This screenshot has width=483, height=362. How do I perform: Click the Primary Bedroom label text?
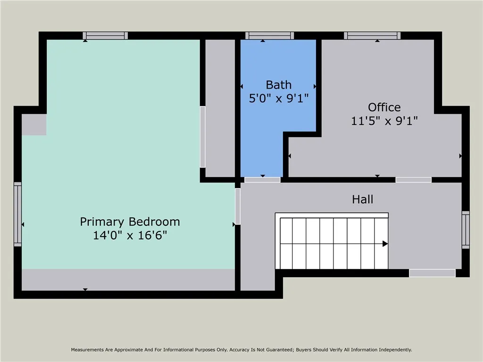click(130, 222)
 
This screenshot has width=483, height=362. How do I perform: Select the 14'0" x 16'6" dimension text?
click(130, 235)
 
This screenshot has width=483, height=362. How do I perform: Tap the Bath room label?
click(278, 85)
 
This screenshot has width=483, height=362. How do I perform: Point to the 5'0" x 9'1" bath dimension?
click(278, 98)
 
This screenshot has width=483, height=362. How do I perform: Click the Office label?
click(384, 107)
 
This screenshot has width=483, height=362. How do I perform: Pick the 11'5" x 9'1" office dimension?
click(384, 121)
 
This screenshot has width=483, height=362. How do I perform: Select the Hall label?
click(362, 199)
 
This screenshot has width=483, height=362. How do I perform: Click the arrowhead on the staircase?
click(385, 244)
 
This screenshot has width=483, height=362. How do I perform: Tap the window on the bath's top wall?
click(269, 35)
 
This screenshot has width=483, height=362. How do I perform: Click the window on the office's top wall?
click(372, 35)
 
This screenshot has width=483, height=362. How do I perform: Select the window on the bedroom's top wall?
click(105, 35)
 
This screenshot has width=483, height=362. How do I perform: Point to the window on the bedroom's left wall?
click(17, 214)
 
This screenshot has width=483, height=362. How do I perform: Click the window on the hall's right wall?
click(466, 230)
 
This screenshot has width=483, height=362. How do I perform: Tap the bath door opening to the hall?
click(262, 180)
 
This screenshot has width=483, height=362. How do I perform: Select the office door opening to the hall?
click(413, 180)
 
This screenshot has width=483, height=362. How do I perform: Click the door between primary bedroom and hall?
click(238, 206)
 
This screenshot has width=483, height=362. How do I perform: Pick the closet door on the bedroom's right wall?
click(203, 137)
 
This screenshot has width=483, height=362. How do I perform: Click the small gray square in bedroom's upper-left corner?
click(34, 124)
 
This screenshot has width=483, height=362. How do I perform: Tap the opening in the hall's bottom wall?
click(432, 273)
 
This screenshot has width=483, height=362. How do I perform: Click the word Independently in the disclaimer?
click(393, 350)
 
